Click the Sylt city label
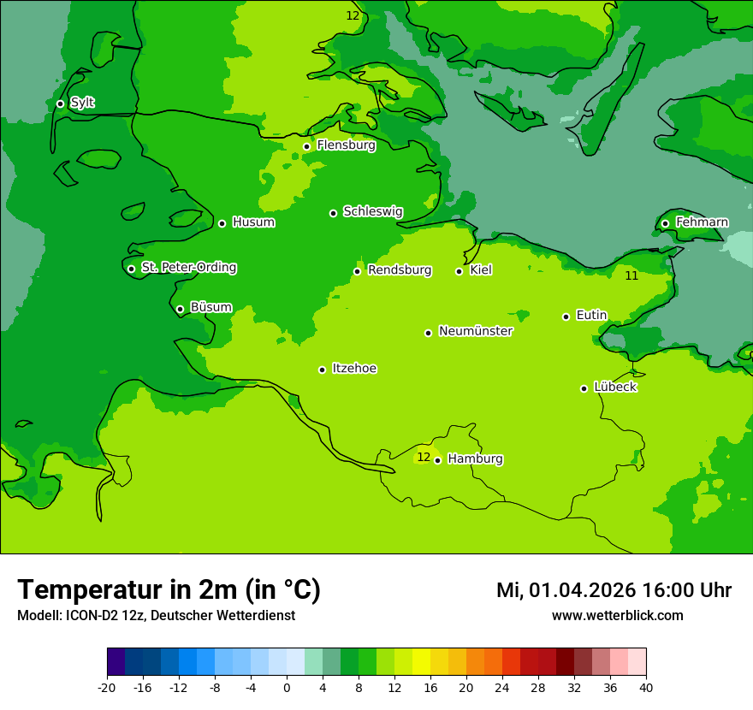click(x=82, y=103)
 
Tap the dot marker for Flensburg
click(x=306, y=146)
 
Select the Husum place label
click(x=253, y=222)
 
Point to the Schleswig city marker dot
click(x=333, y=213)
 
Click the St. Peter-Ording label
click(x=189, y=268)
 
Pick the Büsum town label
click(x=210, y=307)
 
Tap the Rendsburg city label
click(x=399, y=270)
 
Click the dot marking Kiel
click(x=459, y=271)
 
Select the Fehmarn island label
click(x=702, y=222)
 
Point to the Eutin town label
click(x=591, y=316)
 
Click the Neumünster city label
click(x=476, y=331)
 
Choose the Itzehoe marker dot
click(x=322, y=370)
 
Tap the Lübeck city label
click(x=614, y=387)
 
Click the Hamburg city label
click(x=475, y=459)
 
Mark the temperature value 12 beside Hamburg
click(x=424, y=457)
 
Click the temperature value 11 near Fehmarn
click(x=631, y=275)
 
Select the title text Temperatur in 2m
click(x=169, y=589)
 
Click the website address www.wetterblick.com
click(x=617, y=615)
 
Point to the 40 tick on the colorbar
click(x=645, y=687)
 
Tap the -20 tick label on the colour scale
click(x=107, y=687)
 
